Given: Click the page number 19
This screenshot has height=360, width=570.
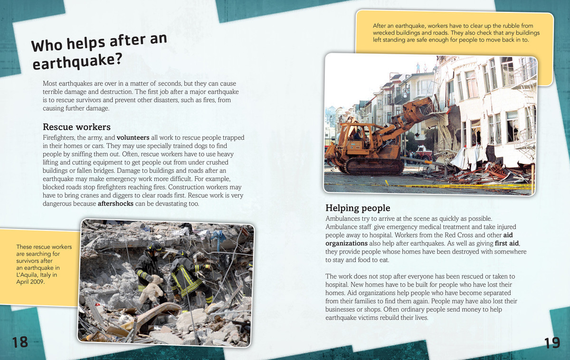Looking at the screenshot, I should click(553, 343).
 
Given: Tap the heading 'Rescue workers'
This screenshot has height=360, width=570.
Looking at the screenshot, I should click(76, 127).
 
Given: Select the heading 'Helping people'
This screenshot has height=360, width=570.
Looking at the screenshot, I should click(358, 208).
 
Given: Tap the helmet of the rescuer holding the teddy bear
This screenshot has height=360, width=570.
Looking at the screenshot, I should click(154, 247).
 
